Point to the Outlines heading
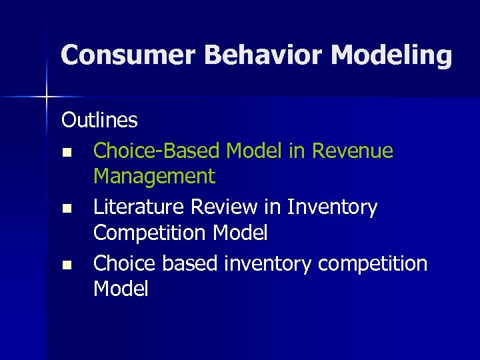click(x=99, y=121)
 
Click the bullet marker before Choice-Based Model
click(x=66, y=152)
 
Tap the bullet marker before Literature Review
click(x=66, y=209)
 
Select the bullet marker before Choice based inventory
click(x=66, y=265)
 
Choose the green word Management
click(x=154, y=177)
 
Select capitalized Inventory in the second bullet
click(x=332, y=207)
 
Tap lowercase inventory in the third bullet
click(x=267, y=264)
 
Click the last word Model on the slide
click(x=121, y=289)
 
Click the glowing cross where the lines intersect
click(x=47, y=97)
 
